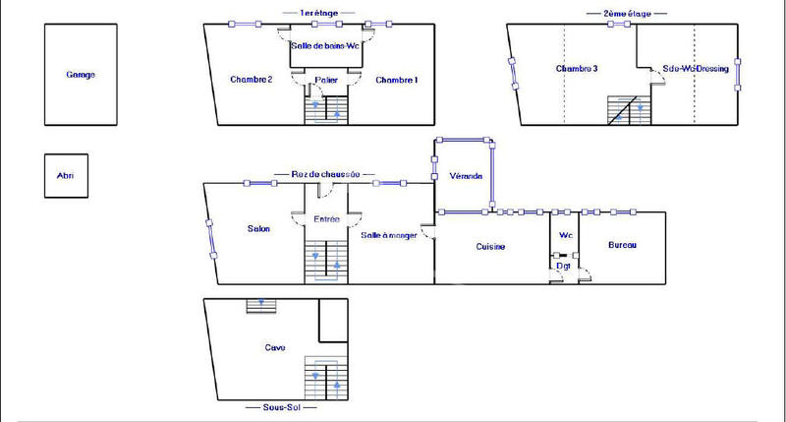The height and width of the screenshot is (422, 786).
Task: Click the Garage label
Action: pyautogui.click(x=81, y=75)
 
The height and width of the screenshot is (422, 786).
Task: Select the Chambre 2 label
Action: pyautogui.click(x=251, y=80)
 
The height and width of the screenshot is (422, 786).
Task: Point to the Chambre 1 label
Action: pyautogui.click(x=397, y=80)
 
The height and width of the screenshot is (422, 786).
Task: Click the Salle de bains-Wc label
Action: pyautogui.click(x=323, y=45)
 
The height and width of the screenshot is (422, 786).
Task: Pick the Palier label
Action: pyautogui.click(x=326, y=80)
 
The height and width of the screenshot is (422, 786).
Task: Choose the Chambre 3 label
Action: pyautogui.click(x=577, y=69)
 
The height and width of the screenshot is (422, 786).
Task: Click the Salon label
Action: pyautogui.click(x=259, y=229)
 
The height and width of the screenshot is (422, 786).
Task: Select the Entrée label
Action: pyautogui.click(x=326, y=219)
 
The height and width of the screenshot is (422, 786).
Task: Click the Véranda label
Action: pyautogui.click(x=465, y=176)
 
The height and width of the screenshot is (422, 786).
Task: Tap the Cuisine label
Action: pyautogui.click(x=490, y=246)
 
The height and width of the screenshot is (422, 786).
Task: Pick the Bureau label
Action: pyautogui.click(x=622, y=245)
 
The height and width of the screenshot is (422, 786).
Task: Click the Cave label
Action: pyautogui.click(x=275, y=347)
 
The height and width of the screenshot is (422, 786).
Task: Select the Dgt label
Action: pyautogui.click(x=564, y=266)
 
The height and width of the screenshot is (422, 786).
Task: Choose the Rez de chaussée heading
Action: pyautogui.click(x=326, y=173)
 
